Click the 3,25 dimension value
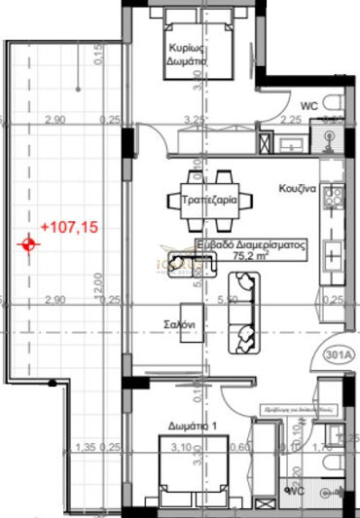point(195,120)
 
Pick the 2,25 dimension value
point(290,120)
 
